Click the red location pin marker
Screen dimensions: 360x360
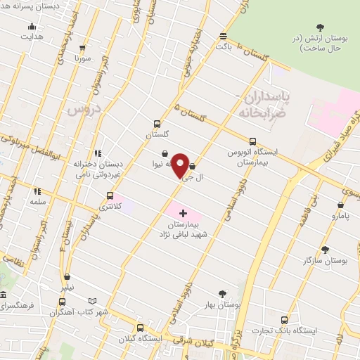click(180, 166)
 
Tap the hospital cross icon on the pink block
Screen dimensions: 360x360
click(183, 212)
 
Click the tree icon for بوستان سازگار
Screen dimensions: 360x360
click(324, 250)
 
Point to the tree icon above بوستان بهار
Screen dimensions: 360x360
click(223, 294)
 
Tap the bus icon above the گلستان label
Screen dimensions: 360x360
click(157, 122)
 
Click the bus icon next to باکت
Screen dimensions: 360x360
click(224, 36)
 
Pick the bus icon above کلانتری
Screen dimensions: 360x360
click(109, 195)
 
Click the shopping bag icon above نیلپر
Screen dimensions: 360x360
click(66, 276)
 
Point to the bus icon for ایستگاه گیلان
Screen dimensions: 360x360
click(141, 328)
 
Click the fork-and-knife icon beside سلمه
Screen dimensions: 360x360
click(37, 191)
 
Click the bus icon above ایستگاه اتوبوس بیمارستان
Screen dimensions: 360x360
click(252, 141)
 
